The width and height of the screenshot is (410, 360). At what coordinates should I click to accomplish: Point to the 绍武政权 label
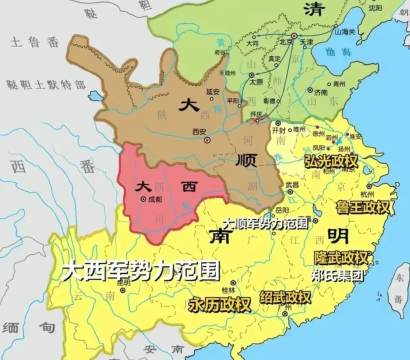click(x=285, y=297)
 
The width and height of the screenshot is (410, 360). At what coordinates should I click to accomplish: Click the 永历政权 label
click(x=219, y=304)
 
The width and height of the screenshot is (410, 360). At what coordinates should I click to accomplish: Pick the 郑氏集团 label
click(x=338, y=274)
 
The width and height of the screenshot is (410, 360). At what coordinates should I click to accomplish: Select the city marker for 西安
click(x=207, y=140)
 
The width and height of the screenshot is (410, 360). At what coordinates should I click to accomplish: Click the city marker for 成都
click(x=143, y=199)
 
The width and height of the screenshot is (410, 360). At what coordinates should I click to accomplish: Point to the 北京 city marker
click(x=294, y=36)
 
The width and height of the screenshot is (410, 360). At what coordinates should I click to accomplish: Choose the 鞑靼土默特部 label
click(x=46, y=84)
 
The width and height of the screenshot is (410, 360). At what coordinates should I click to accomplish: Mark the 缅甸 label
click(x=29, y=327)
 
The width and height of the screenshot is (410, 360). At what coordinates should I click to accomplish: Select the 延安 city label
click(x=212, y=91)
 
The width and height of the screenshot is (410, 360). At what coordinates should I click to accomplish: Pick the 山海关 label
click(x=345, y=31)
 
